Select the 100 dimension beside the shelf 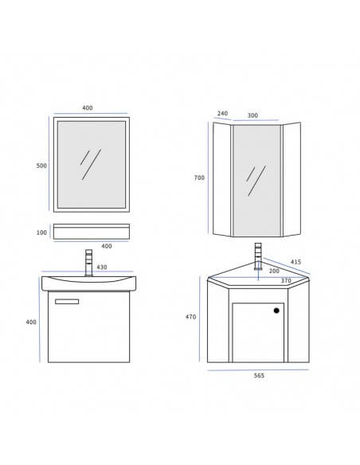pos(41,232)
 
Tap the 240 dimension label pos(222,115)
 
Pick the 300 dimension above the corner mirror pos(252,115)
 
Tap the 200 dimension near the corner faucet pos(274,271)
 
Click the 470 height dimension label pos(192,317)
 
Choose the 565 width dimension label pos(259,376)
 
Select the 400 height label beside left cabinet pos(32,322)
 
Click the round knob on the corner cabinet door pos(276,311)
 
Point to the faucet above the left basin pos(88,264)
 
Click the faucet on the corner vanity pos(256,257)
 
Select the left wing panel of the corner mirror pos(223,178)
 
